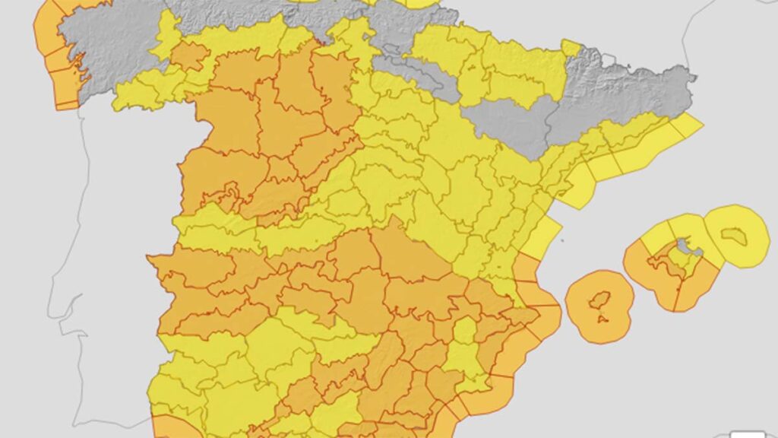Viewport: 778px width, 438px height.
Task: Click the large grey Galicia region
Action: [114, 53]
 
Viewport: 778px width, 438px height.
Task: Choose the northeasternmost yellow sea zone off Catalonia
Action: [688, 125]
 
